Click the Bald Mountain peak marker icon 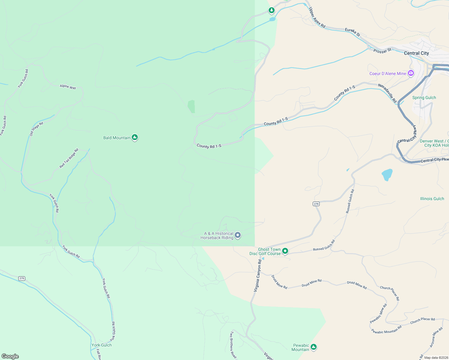tap(135, 137)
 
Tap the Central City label tap(416, 53)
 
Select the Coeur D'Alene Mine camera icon tap(411, 73)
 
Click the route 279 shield tap(316, 204)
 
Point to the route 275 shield tap(22, 278)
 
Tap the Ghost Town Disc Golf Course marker tap(285, 251)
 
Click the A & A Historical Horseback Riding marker tap(238, 235)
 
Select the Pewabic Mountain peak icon tap(314, 347)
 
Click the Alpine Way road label tap(68, 87)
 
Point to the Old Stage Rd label tap(36, 129)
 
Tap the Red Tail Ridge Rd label tap(69, 158)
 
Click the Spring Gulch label tap(424, 97)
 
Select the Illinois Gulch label tap(432, 199)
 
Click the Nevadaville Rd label tap(387, 93)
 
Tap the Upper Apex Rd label tap(317, 18)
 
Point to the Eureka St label tap(352, 32)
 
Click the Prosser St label tap(382, 51)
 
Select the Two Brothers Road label tap(233, 345)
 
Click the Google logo tap(10, 356)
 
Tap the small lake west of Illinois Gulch tap(387, 175)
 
